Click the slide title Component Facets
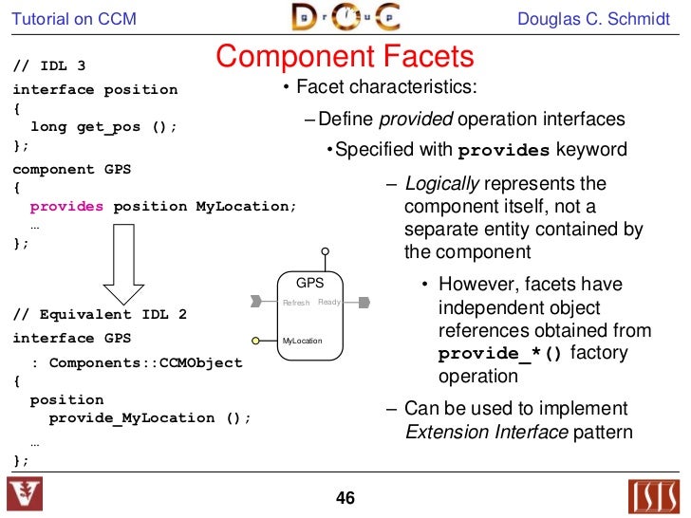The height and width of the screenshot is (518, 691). click(345, 57)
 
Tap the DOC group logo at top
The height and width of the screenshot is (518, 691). click(345, 17)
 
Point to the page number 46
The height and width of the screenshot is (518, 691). click(345, 497)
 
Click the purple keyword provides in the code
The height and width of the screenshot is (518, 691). click(66, 206)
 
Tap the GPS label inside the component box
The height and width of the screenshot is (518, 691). click(309, 283)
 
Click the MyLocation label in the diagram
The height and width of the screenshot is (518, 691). click(303, 341)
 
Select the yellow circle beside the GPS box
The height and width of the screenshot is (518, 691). click(256, 340)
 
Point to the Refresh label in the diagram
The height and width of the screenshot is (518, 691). click(296, 303)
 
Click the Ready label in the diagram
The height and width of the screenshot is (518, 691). click(328, 302)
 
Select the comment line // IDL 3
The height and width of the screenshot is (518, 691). click(49, 66)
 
